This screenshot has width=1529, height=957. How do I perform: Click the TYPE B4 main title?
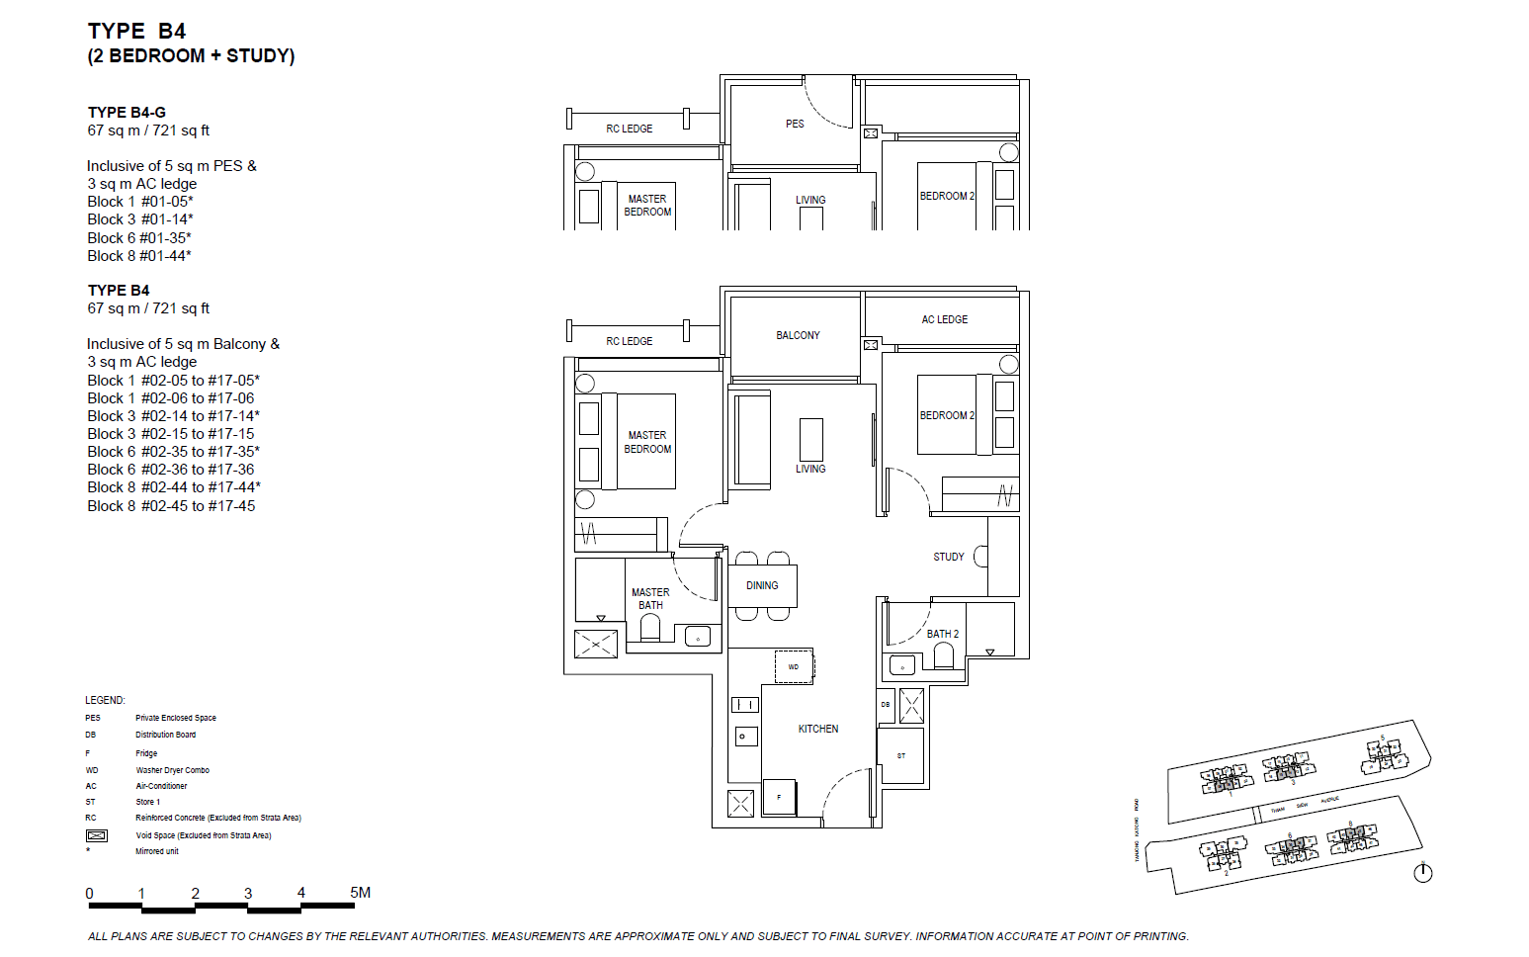[136, 32]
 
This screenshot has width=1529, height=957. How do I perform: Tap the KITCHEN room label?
[817, 729]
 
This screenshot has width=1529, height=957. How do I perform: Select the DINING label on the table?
[762, 585]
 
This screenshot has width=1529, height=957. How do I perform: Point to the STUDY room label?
[948, 557]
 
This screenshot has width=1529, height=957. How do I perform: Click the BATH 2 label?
[942, 634]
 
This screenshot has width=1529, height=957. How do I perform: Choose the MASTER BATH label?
[650, 598]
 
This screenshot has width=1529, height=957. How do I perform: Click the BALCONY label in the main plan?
[798, 335]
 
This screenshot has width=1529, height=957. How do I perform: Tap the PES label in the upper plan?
[795, 124]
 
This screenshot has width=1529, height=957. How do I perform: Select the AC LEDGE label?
[944, 319]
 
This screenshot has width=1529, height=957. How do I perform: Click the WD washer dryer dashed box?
[794, 667]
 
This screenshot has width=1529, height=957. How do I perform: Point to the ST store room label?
[900, 756]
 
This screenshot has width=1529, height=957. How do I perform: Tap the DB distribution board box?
[886, 705]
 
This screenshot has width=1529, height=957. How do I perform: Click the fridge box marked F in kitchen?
[779, 797]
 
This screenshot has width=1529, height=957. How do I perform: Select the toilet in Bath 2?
[943, 655]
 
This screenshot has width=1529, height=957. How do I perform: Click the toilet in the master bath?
[649, 628]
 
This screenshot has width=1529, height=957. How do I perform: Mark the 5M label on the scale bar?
[360, 892]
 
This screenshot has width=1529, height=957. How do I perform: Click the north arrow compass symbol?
[1422, 872]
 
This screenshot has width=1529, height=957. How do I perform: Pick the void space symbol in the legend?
[96, 835]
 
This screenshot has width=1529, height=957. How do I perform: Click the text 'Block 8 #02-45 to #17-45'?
[171, 505]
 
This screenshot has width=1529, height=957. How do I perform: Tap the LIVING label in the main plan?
[809, 469]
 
